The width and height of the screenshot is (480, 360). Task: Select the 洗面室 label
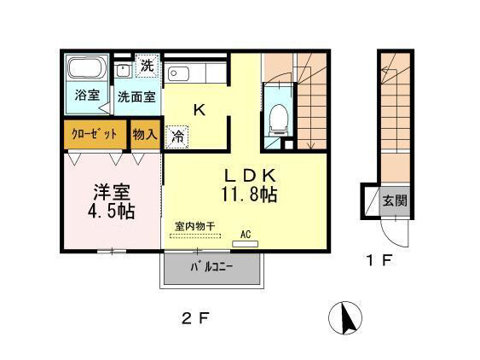click(x=136, y=96)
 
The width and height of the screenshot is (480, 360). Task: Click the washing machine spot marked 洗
click(x=147, y=66)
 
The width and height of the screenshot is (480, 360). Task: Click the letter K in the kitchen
click(x=197, y=109)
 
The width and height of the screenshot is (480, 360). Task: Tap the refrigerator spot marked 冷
click(x=178, y=135)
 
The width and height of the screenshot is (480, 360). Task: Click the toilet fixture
click(x=278, y=118)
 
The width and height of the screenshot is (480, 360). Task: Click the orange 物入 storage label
click(x=145, y=135)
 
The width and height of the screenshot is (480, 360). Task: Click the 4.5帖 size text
click(x=105, y=210)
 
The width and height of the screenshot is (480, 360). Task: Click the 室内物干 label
click(x=195, y=226)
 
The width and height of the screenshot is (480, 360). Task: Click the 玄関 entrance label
click(x=393, y=202)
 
